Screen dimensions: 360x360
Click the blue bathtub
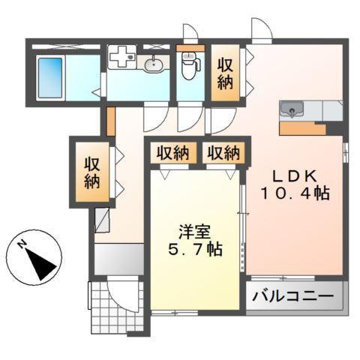coord(50,75)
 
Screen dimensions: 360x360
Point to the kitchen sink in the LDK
coord(290,111)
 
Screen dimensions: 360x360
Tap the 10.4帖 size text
coord(295,193)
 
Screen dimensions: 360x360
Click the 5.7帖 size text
coord(194,250)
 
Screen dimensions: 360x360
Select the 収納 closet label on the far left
coord(91,172)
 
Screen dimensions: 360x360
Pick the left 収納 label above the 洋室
coord(172,153)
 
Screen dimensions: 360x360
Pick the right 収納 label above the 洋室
coord(222,153)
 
